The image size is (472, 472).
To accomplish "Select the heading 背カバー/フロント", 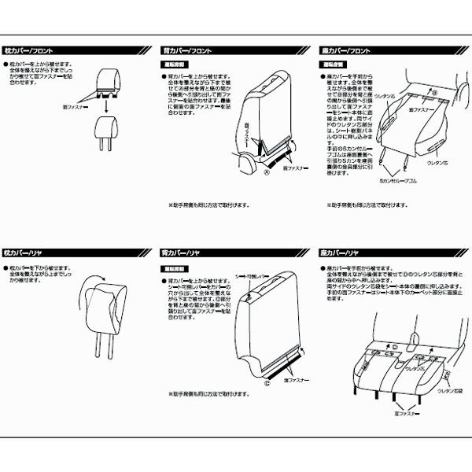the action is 183,51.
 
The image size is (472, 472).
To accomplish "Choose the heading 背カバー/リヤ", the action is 179,253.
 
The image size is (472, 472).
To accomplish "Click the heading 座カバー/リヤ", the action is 341,253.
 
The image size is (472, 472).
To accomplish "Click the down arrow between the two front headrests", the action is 105,100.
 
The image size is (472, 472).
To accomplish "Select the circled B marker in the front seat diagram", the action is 433,92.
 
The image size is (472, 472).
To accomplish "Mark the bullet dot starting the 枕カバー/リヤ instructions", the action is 6,268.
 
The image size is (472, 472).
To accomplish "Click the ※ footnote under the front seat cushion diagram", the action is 364,206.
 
